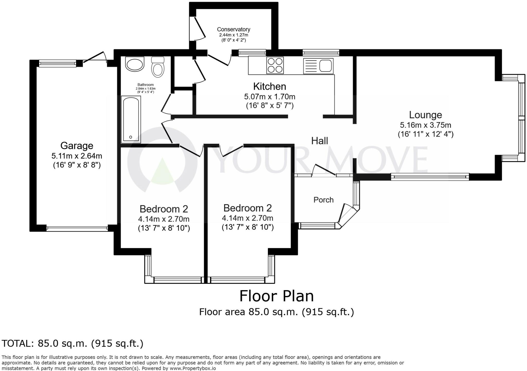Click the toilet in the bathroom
coord(158,67)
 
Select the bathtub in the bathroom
coord(131,119)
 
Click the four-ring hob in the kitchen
coord(275,65)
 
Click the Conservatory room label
coord(233,30)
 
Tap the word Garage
coord(77,146)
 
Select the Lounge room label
coord(425,115)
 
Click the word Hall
coord(320,141)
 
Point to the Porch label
coord(323,200)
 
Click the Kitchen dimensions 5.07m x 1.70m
coord(269,97)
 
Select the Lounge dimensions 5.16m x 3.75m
coord(425,125)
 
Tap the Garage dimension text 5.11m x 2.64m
coord(77,156)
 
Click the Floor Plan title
coord(276,296)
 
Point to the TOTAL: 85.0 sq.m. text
coord(72,343)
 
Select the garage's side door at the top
coord(95,57)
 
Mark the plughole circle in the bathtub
coord(130,137)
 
